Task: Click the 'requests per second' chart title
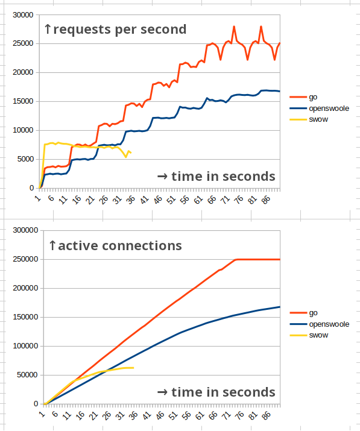pyautogui.click(x=115, y=29)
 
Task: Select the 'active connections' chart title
pyautogui.click(x=115, y=245)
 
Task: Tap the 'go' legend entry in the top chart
pyautogui.click(x=313, y=96)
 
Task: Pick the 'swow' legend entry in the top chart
pyautogui.click(x=318, y=119)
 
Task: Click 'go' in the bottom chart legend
pyautogui.click(x=313, y=313)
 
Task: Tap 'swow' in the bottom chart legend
pyautogui.click(x=318, y=335)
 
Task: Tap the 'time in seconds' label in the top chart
pyautogui.click(x=216, y=176)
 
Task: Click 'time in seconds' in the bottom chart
pyautogui.click(x=216, y=392)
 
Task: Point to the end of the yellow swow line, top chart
pyautogui.click(x=130, y=153)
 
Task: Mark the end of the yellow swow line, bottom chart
pyautogui.click(x=133, y=368)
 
